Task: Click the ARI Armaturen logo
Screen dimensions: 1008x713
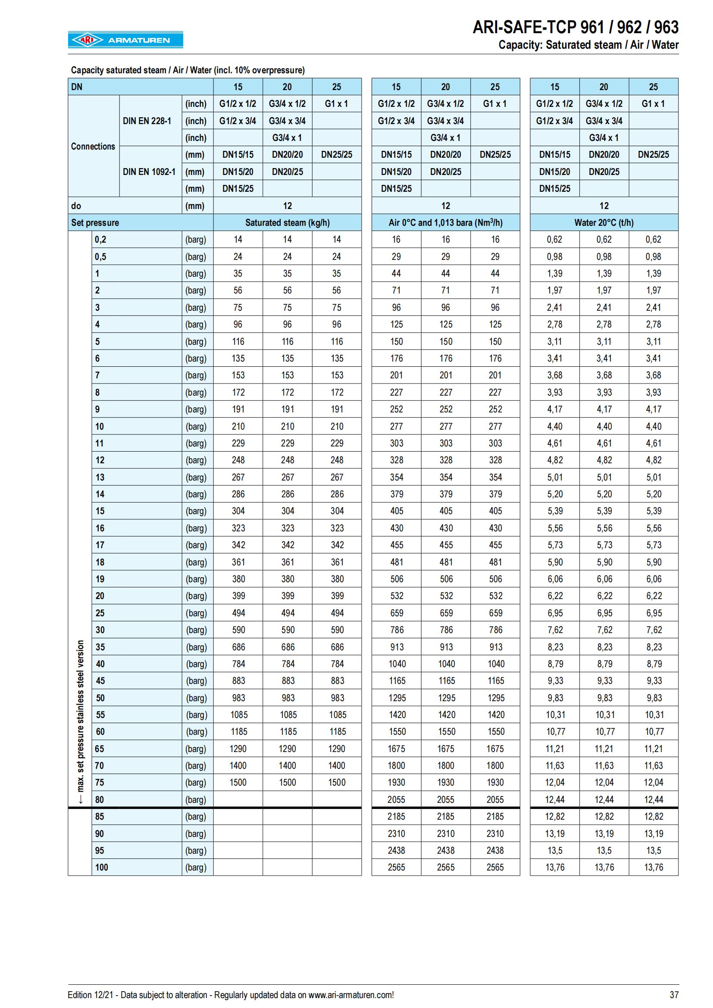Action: [125, 40]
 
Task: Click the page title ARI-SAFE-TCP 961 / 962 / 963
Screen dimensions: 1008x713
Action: [575, 28]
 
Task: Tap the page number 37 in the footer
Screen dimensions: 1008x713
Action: [674, 995]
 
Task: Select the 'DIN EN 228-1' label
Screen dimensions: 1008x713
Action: [147, 121]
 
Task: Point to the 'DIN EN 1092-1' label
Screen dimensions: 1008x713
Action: [149, 172]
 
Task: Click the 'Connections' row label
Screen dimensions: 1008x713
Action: [93, 146]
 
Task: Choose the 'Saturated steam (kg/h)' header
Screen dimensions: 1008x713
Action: [287, 222]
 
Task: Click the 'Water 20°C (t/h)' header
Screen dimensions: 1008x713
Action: [604, 222]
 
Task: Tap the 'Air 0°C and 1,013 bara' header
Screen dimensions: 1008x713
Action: [445, 222]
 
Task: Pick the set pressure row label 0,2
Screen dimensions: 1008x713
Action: [100, 240]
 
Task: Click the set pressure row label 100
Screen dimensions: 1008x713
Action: [101, 867]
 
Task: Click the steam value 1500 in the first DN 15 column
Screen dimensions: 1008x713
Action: [238, 782]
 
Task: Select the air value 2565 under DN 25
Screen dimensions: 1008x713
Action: [495, 867]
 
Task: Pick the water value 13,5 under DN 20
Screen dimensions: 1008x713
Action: [604, 850]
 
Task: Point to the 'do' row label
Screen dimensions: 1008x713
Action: [76, 206]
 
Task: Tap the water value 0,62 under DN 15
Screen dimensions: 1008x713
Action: [554, 240]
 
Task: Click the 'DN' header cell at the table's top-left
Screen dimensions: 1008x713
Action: [77, 87]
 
